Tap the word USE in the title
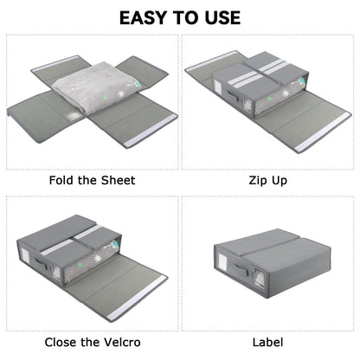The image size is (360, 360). (222, 17)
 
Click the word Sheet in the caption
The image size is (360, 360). (118, 180)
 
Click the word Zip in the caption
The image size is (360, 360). (257, 181)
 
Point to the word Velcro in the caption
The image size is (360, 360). (122, 342)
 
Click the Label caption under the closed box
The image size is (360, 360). (267, 343)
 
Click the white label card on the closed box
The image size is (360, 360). (222, 262)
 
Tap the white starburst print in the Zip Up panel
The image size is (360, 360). (286, 93)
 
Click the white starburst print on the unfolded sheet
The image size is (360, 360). (120, 94)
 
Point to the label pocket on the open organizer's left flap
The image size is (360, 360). (73, 117)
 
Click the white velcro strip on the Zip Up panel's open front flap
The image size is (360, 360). (322, 132)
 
